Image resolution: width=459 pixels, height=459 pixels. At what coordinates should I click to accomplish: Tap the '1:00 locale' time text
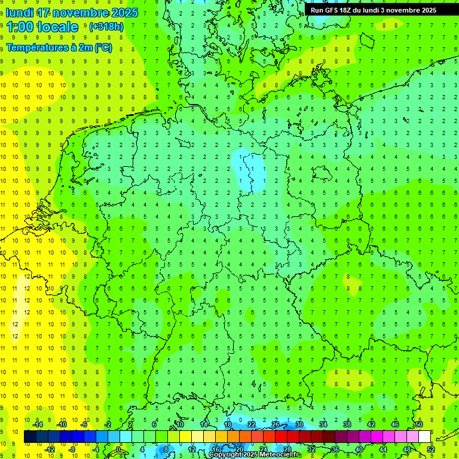(x=42, y=27)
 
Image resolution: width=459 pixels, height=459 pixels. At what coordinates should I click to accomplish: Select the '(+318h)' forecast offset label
(x=106, y=27)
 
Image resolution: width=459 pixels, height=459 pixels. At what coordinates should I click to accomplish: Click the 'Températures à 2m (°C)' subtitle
(x=59, y=48)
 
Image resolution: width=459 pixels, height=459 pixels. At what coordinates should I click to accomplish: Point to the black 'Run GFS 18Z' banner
(x=374, y=10)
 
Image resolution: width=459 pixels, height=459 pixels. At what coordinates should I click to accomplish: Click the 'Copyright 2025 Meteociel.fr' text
(x=254, y=455)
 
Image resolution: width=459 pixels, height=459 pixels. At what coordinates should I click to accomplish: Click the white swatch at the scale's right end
(x=425, y=437)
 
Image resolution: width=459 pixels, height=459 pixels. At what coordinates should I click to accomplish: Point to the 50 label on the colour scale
(x=419, y=424)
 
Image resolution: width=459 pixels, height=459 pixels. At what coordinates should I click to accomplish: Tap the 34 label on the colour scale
(x=323, y=424)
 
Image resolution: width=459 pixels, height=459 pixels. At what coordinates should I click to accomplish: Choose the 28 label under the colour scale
(x=287, y=449)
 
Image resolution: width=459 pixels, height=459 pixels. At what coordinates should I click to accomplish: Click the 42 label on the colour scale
(x=371, y=424)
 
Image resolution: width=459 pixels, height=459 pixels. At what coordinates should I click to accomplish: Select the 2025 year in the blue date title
(x=125, y=13)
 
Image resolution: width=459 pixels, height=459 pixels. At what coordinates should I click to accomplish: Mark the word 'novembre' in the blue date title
(x=82, y=13)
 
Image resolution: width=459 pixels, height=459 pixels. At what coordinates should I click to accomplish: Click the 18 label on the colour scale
(x=228, y=424)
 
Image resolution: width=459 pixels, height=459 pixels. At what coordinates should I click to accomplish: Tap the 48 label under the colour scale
(x=407, y=449)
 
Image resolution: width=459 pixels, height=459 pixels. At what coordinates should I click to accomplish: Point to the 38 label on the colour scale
(x=347, y=424)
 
